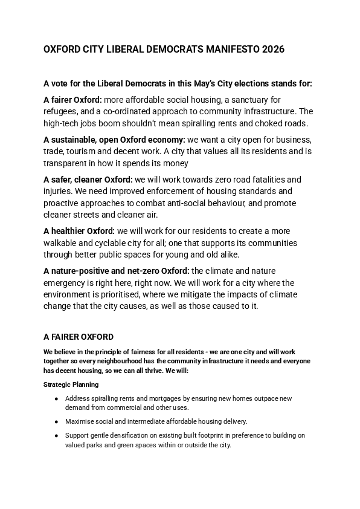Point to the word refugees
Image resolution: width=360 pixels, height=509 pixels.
tap(62, 112)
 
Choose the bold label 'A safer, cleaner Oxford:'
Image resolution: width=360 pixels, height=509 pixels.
tap(88, 180)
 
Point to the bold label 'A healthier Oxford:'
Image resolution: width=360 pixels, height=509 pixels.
tap(79, 232)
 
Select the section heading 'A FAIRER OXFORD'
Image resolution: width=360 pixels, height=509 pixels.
tap(79, 337)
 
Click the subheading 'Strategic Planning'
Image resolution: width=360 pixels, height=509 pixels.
tap(71, 384)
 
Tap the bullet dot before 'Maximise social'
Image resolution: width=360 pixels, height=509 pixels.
tap(56, 421)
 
